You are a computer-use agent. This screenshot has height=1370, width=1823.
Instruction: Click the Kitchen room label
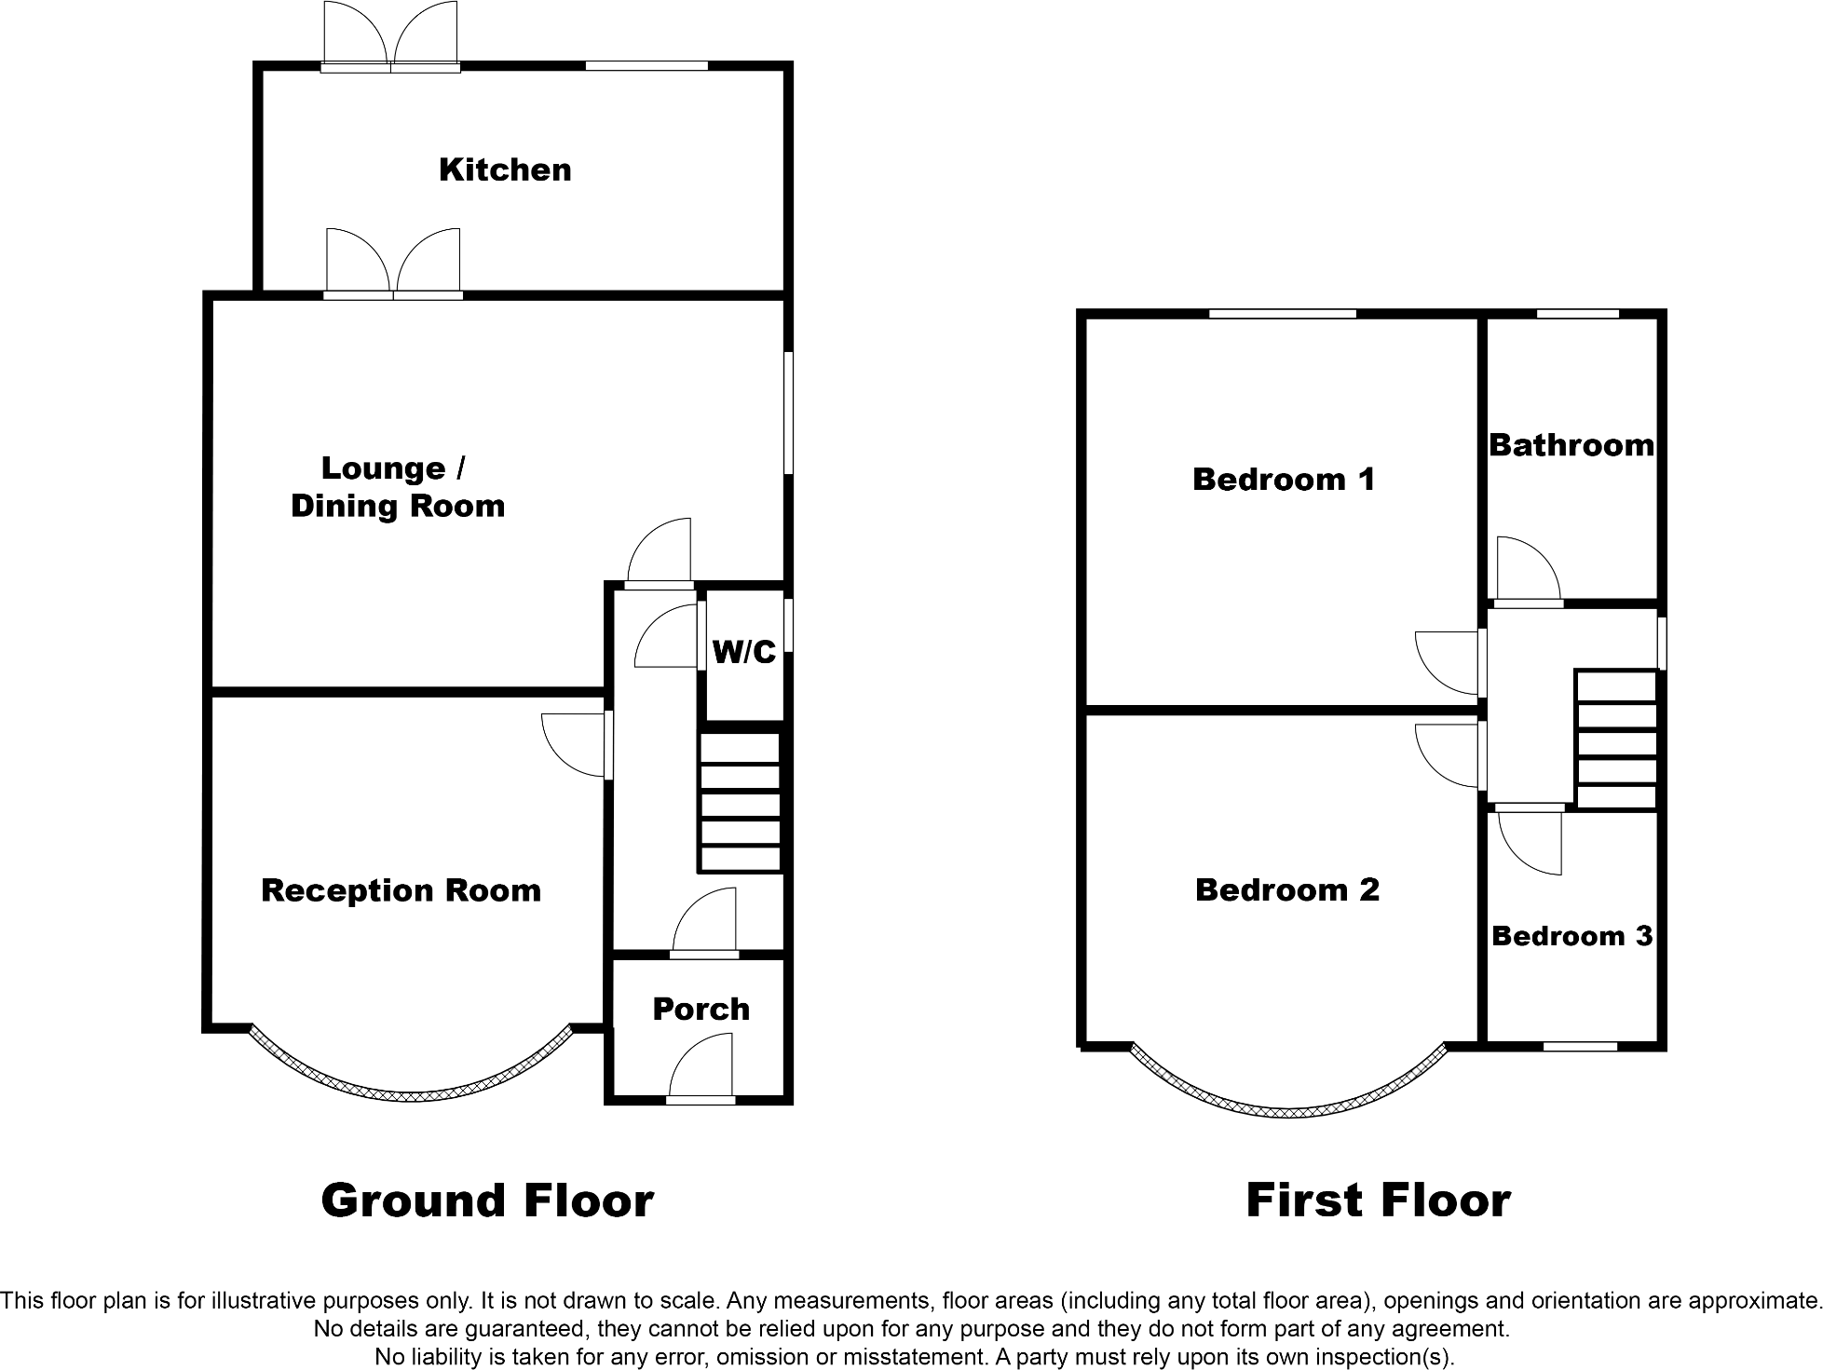(505, 170)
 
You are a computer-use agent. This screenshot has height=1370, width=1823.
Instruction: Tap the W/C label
(743, 652)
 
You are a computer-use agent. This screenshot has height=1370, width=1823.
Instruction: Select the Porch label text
(701, 1009)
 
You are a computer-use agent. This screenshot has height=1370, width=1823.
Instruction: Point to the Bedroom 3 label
(1571, 935)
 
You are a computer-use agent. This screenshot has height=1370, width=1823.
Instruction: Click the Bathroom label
(1571, 445)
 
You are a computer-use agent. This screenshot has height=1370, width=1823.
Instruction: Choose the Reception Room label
(401, 890)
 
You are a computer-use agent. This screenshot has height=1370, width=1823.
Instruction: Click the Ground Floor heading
(487, 1200)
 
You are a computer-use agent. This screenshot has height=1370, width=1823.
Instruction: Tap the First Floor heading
(1378, 1200)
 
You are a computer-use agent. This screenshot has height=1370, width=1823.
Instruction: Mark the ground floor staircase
(740, 803)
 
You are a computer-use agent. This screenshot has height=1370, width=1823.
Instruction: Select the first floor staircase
(1616, 740)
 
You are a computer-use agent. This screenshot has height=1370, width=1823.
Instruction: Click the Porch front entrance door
(701, 1071)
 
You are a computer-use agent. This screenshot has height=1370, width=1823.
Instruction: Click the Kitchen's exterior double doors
(390, 37)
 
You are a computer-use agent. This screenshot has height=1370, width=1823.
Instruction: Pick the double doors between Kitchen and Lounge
(393, 265)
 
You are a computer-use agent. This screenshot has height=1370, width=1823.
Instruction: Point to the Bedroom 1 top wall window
(1282, 314)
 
